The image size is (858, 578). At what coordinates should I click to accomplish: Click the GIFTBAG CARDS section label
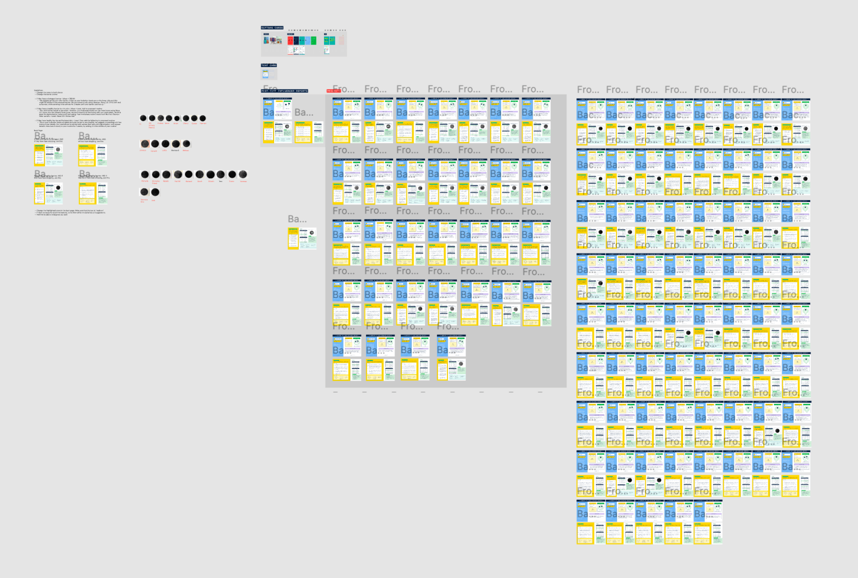[x=272, y=28]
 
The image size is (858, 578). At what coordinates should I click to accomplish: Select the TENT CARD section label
[x=269, y=65]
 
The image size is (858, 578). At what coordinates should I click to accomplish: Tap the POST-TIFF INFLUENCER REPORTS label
[x=284, y=91]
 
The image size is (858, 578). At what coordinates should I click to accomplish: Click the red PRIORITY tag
[x=334, y=91]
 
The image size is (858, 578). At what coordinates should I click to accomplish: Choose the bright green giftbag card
[x=313, y=40]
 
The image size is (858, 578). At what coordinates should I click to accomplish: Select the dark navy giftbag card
[x=296, y=40]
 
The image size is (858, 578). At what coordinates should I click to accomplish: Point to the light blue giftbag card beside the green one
[x=308, y=40]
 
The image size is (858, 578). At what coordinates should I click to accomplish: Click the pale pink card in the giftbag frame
[x=341, y=40]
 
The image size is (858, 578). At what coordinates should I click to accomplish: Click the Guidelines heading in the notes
[x=38, y=90]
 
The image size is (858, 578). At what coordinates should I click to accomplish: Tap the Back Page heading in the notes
[x=38, y=130]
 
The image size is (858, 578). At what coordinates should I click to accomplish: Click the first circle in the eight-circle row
[x=143, y=118]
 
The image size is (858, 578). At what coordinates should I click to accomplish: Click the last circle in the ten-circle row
[x=243, y=174]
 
